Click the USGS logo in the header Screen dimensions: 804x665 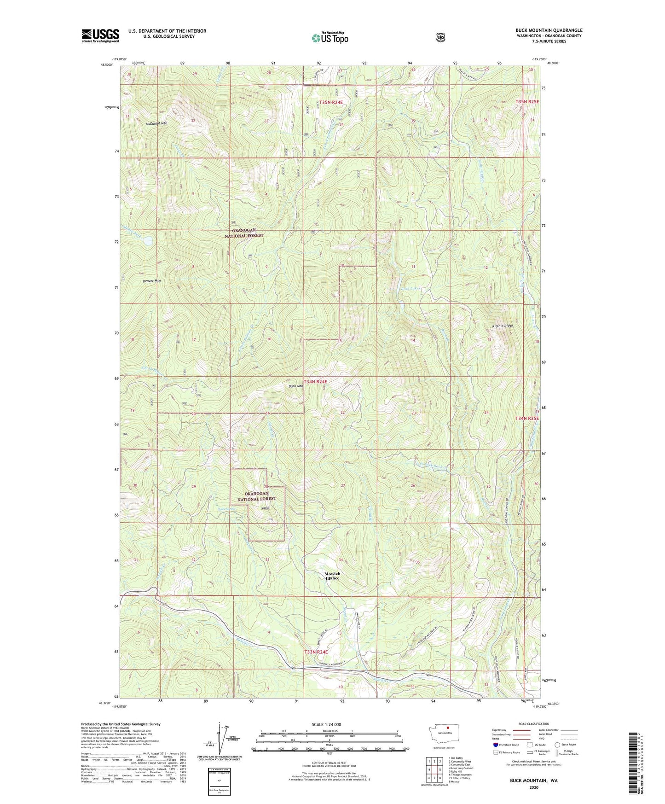tap(100, 35)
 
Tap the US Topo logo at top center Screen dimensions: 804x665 tap(329, 38)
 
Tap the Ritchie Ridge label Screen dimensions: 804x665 tap(502, 326)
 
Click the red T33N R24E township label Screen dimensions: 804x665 tap(316, 652)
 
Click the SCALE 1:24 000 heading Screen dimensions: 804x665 tap(329, 724)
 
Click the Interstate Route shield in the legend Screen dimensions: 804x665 tap(495, 745)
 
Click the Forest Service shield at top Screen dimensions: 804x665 tap(440, 37)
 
